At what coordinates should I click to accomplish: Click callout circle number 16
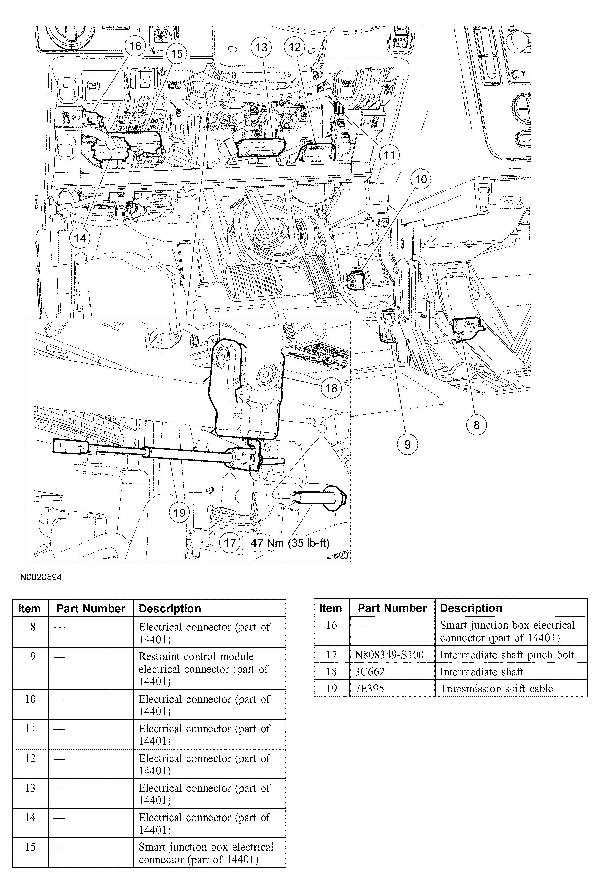point(135,46)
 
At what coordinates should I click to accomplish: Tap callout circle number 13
point(261,48)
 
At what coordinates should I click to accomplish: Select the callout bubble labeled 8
point(476,425)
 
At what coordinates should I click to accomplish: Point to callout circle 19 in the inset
point(179,513)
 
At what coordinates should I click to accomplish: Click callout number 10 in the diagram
point(421,179)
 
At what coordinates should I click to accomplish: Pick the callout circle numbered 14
point(80,238)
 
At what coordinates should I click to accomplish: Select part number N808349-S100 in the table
point(389,655)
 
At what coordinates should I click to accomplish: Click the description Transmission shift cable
point(496,688)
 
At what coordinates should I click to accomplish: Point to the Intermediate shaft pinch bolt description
point(507,655)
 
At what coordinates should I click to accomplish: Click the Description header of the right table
point(471,608)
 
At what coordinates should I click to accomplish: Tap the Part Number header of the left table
point(91,609)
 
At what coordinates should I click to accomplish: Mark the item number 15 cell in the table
point(30,847)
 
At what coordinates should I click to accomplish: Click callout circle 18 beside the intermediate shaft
point(331,388)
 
